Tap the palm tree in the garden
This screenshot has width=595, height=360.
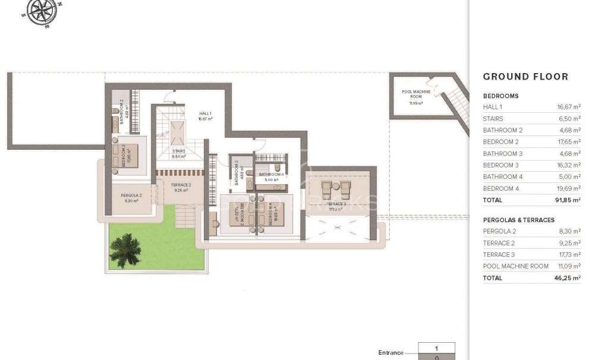(x=125, y=248)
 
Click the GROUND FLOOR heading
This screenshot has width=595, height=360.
(x=525, y=77)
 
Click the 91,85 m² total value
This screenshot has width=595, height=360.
(x=567, y=200)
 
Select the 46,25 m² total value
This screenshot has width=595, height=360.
(x=567, y=278)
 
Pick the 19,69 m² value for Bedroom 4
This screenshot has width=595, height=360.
(x=567, y=188)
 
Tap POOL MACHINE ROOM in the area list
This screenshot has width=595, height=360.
(x=515, y=266)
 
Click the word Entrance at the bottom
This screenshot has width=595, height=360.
(x=391, y=353)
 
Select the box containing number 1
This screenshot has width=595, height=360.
(x=436, y=349)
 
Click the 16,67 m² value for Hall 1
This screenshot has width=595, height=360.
(x=567, y=107)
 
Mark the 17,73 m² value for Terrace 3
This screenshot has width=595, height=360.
(x=567, y=254)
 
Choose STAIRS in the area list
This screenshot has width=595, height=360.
(x=493, y=118)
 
